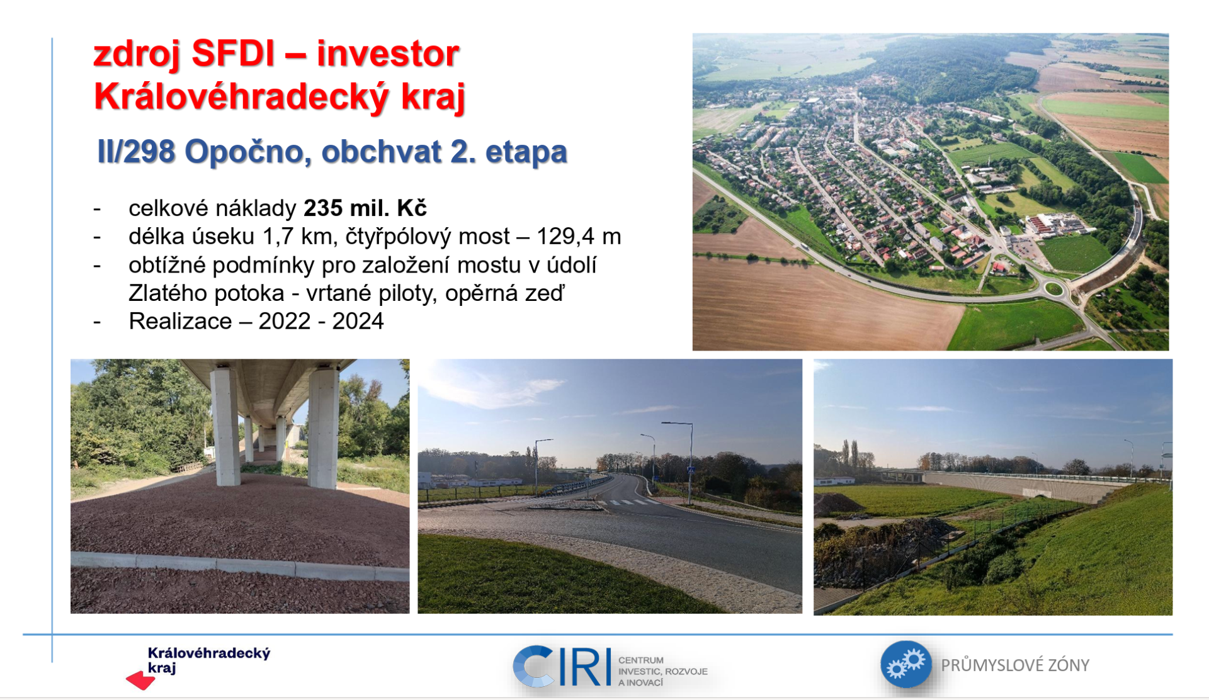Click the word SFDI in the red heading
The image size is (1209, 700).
point(234,54)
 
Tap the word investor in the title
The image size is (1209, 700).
point(388,54)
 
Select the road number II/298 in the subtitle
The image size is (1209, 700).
point(136,152)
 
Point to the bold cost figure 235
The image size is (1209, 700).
point(323,208)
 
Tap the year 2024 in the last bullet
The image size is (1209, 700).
point(358,321)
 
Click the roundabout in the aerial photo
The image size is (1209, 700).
point(1053,289)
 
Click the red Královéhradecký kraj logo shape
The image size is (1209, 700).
point(140,680)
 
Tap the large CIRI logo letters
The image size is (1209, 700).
point(562,667)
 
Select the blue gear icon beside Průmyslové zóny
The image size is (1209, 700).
point(906,664)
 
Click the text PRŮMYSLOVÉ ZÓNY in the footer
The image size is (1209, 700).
point(1015,665)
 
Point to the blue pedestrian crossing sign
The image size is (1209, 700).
point(691,470)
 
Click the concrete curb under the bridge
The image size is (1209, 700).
point(240,566)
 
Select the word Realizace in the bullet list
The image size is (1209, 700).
point(180,321)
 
